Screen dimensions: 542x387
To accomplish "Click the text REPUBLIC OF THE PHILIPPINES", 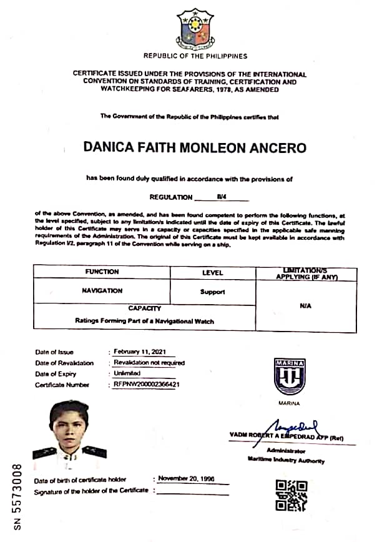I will click(x=195, y=56).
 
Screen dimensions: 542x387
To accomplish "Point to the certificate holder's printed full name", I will click(x=195, y=148).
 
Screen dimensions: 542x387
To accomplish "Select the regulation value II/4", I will click(x=221, y=197).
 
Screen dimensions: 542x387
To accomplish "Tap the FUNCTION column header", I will click(x=102, y=272).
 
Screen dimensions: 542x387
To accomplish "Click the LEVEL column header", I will click(x=212, y=273).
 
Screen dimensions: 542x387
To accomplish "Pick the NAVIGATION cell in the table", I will click(x=102, y=291).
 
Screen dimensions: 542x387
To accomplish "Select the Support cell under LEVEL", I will click(x=212, y=292).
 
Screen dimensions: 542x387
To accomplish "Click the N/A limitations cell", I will click(x=306, y=307).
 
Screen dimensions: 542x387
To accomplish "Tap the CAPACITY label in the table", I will click(x=144, y=308).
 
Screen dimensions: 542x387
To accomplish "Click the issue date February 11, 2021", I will click(x=136, y=352).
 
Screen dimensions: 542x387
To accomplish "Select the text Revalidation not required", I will click(x=149, y=363).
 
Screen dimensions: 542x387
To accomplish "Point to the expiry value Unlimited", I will click(x=127, y=373).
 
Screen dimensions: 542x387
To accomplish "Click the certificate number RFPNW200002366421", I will click(x=147, y=385).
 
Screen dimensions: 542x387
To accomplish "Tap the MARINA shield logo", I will click(x=289, y=377).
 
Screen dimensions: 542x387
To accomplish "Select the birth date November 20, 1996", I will click(x=185, y=478).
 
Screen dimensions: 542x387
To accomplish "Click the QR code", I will click(x=291, y=495).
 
